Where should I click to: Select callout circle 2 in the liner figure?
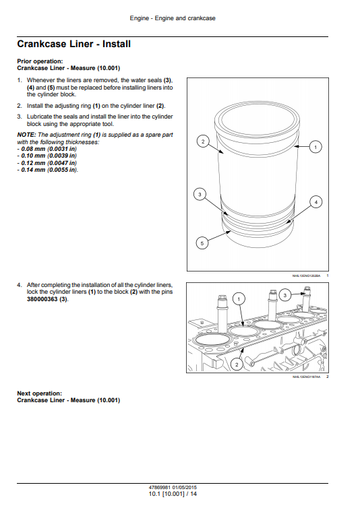[201, 141]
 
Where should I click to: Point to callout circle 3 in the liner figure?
[199, 195]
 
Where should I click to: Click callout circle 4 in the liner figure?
[316, 201]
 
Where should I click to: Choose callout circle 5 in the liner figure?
[201, 243]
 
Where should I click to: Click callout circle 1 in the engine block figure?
[238, 298]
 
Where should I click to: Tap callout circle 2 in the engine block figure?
[237, 364]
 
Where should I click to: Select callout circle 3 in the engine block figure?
[285, 295]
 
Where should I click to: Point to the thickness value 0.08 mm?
[34, 148]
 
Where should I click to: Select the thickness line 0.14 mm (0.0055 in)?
[48, 169]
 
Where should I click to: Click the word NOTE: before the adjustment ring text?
[26, 135]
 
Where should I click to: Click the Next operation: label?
[39, 393]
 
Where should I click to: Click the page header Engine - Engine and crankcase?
[173, 18]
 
